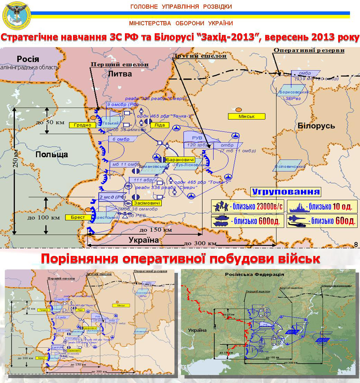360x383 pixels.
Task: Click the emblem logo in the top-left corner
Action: [x=16, y=14]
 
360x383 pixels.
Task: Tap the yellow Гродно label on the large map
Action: [x=82, y=125]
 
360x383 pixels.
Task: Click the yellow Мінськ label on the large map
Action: [x=246, y=116]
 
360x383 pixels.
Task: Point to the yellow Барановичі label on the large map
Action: [x=180, y=160]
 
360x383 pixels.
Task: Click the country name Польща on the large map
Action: [x=52, y=154]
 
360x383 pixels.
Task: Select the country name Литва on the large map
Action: [x=120, y=74]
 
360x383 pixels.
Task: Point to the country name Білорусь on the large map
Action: [x=316, y=126]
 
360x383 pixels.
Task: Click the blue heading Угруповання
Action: [x=286, y=192]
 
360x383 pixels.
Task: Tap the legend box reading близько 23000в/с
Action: [x=247, y=207]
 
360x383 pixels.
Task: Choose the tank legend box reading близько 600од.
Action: [x=247, y=221]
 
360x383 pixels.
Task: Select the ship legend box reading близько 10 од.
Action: [x=322, y=207]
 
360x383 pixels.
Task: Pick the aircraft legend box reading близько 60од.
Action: [x=322, y=221]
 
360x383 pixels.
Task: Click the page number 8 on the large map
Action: [x=356, y=245]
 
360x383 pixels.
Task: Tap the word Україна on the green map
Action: [x=197, y=330]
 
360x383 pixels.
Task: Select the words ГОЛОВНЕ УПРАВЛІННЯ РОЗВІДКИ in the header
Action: [x=181, y=7]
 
